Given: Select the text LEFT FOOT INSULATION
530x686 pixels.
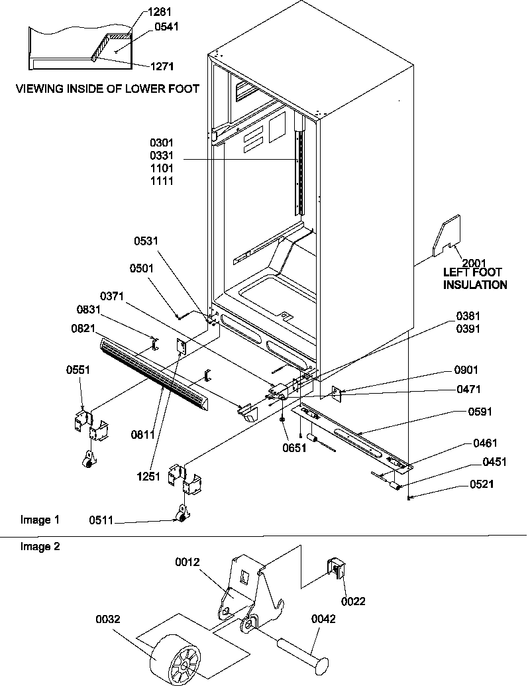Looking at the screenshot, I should tap(475, 278).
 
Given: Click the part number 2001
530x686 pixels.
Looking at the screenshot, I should tap(474, 262).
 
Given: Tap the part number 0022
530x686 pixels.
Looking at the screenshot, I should tap(353, 601).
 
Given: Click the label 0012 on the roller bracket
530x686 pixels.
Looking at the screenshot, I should tap(189, 563).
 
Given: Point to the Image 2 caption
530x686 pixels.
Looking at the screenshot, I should tap(35, 546).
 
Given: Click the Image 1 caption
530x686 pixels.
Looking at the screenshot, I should tap(35, 520).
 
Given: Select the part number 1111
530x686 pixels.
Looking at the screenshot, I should tap(162, 180).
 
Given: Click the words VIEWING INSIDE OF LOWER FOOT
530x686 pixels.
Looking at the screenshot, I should tap(107, 89).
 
